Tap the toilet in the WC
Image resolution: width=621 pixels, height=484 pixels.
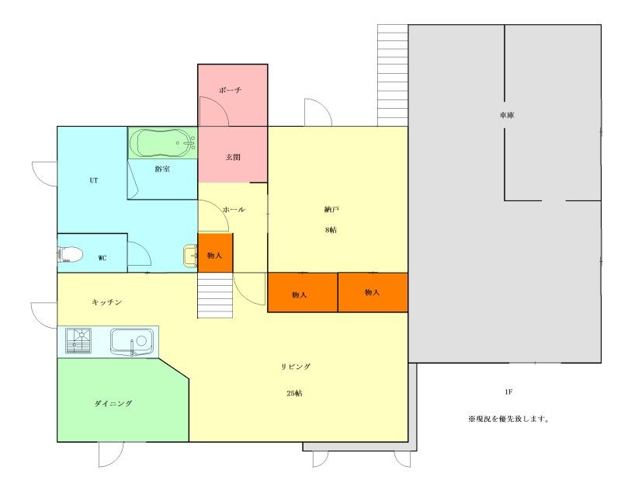click(x=70, y=255)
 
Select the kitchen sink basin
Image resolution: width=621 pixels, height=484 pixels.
click(x=131, y=341)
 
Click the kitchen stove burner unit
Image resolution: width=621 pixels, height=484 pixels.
click(x=78, y=340)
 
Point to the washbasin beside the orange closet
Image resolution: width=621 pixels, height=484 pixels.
click(x=190, y=255)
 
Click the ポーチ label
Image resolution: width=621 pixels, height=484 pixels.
click(x=230, y=90)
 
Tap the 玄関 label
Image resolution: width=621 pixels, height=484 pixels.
click(x=233, y=157)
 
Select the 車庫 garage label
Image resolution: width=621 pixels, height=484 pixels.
click(x=507, y=115)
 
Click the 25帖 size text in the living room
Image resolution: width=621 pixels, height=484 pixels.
click(x=294, y=393)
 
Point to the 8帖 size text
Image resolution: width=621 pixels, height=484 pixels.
click(x=331, y=230)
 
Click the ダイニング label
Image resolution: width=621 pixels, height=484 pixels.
click(x=113, y=403)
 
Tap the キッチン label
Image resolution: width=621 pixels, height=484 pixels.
click(x=107, y=302)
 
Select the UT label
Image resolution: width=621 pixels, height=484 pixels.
click(x=93, y=180)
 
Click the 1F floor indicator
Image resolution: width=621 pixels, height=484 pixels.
click(x=508, y=392)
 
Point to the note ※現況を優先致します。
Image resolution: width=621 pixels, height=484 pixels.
click(x=508, y=419)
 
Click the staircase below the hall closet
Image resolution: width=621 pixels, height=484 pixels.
click(x=215, y=295)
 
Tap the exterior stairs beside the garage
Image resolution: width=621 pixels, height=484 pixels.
click(x=393, y=75)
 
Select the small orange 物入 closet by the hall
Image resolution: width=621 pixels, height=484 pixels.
click(x=215, y=253)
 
